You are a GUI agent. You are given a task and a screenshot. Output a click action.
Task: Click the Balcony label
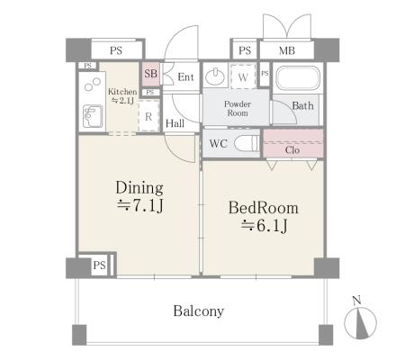(199, 311)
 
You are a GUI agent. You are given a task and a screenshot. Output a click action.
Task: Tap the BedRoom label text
(264, 208)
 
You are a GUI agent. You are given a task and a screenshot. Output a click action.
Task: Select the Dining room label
(139, 188)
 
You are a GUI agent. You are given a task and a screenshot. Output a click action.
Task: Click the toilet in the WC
(247, 143)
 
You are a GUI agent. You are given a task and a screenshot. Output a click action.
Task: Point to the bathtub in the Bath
(298, 78)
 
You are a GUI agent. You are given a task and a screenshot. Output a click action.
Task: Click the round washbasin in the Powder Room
(215, 76)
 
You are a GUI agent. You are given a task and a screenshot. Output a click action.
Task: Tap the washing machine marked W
(243, 76)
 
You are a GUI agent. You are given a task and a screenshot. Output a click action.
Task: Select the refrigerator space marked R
(148, 116)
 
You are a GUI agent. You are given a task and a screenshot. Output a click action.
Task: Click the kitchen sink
(93, 116)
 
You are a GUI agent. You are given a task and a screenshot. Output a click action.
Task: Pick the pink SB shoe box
(150, 75)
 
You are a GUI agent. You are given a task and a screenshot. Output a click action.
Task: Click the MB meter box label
(287, 50)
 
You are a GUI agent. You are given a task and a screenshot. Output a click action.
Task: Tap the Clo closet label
(292, 149)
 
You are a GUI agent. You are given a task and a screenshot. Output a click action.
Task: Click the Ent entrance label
(185, 77)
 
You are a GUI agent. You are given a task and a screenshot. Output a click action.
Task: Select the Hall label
(175, 123)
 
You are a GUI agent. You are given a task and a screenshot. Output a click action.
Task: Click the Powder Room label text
(238, 109)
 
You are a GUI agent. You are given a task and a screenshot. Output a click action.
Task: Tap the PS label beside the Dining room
(99, 265)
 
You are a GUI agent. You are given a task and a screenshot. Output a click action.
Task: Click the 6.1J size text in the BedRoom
(264, 226)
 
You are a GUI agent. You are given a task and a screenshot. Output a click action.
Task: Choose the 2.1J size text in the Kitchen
(122, 100)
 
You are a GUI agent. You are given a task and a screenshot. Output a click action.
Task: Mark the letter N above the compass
(356, 300)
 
